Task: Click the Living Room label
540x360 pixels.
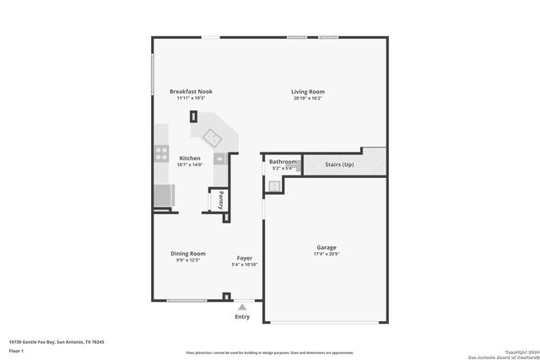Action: [x=308, y=92]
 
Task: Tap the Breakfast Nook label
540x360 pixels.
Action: [x=191, y=92]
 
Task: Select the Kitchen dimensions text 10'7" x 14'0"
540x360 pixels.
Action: [x=190, y=164]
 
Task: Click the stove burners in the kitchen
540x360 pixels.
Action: [x=159, y=153]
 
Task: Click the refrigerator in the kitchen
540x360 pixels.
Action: [x=162, y=196]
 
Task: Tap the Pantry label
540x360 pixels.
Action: [x=220, y=201]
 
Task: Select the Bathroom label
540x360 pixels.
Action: [x=283, y=162]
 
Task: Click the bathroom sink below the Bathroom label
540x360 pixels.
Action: [x=274, y=185]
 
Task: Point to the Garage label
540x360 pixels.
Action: [x=327, y=248]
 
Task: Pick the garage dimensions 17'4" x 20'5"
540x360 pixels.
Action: [x=327, y=255]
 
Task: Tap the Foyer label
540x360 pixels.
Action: [x=244, y=258]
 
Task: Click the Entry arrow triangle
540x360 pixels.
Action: [x=243, y=307]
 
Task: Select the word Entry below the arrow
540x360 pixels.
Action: [x=243, y=317]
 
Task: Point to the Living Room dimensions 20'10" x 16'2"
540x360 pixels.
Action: [x=308, y=99]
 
